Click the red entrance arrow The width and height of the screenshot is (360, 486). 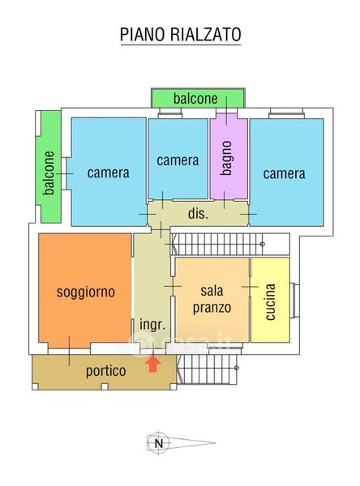pyautogui.click(x=153, y=364)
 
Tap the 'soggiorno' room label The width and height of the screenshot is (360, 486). pyautogui.click(x=86, y=292)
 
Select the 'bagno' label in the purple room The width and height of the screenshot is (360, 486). pyautogui.click(x=226, y=158)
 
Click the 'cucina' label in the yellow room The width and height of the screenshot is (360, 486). pyautogui.click(x=270, y=301)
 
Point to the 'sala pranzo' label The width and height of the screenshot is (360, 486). pyautogui.click(x=212, y=300)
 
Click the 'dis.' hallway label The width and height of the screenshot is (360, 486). pyautogui.click(x=198, y=214)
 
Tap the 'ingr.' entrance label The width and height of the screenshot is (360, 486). pyautogui.click(x=152, y=325)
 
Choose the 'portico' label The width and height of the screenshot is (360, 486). pyautogui.click(x=106, y=371)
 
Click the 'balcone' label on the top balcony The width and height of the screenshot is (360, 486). pyautogui.click(x=195, y=99)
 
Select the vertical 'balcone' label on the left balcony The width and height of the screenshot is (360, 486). pyautogui.click(x=49, y=173)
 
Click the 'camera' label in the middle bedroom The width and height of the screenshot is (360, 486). pyautogui.click(x=178, y=160)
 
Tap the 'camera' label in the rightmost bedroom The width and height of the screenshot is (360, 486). pyautogui.click(x=285, y=173)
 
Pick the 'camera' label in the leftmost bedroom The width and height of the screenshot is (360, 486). pyautogui.click(x=108, y=173)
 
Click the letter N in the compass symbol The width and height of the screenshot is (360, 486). pyautogui.click(x=159, y=443)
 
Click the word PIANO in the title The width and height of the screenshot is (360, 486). pyautogui.click(x=144, y=34)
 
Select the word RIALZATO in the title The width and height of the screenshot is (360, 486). pyautogui.click(x=206, y=34)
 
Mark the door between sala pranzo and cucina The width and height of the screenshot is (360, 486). pyautogui.click(x=250, y=287)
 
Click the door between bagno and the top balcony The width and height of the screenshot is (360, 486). pyautogui.click(x=226, y=111)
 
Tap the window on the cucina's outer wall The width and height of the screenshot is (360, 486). pyautogui.click(x=294, y=301)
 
